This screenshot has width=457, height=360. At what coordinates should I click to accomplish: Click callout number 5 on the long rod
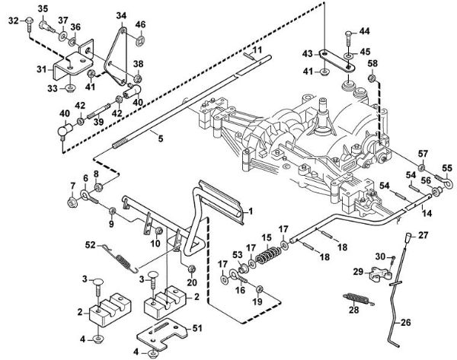(x=159, y=139)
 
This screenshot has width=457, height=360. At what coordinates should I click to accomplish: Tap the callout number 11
(x=257, y=49)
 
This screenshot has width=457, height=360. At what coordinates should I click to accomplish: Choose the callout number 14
(x=427, y=213)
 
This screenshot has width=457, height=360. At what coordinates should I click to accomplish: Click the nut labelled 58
(x=371, y=79)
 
